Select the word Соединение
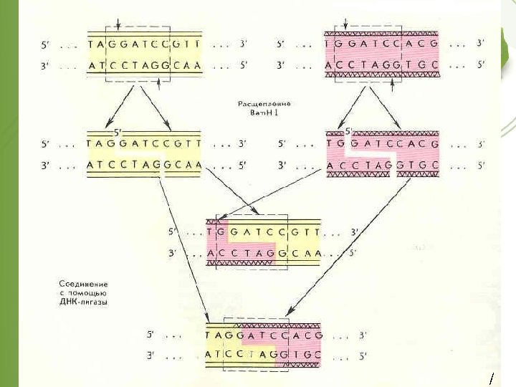point(82,285)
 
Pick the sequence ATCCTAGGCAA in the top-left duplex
point(143,65)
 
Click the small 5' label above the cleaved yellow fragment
point(119,132)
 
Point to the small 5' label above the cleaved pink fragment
point(350,132)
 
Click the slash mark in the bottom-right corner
point(491,378)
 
